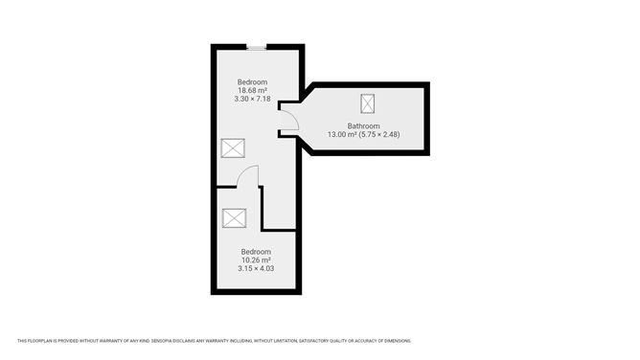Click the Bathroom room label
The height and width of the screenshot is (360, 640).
point(363,126)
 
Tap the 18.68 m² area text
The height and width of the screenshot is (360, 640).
point(252,90)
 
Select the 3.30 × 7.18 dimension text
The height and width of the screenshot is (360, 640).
point(252,99)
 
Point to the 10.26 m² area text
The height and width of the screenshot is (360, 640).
point(256,260)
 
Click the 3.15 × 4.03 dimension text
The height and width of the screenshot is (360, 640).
point(256,269)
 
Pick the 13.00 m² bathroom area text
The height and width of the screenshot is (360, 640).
point(342,134)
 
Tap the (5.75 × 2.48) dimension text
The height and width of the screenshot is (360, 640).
point(379,134)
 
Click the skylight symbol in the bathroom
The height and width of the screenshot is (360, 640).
point(367,103)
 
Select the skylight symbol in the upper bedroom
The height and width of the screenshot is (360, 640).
point(233,148)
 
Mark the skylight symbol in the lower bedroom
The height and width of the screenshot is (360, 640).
point(235,218)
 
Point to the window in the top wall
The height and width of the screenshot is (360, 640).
point(257,48)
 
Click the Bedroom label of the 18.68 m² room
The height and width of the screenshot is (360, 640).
point(252,82)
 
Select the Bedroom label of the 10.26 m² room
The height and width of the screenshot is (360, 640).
point(256,252)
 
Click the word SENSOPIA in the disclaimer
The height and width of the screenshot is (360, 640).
point(161,341)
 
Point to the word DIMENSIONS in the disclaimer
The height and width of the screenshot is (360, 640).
point(399,341)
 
